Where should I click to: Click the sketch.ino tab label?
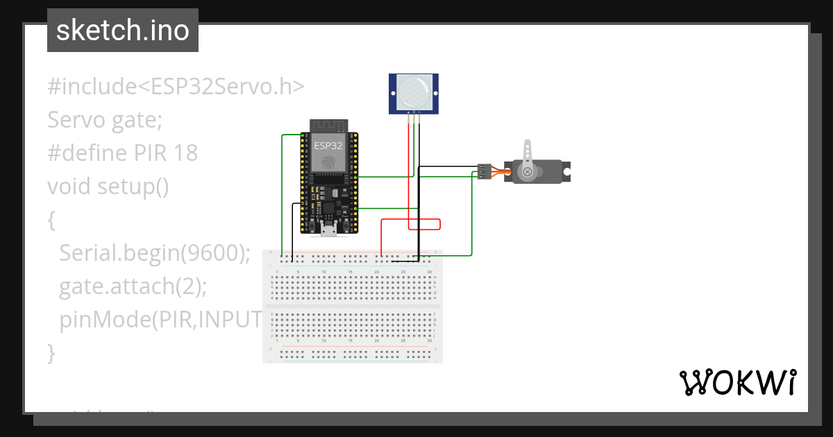(122, 31)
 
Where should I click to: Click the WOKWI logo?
(737, 383)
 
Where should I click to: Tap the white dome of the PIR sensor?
(414, 92)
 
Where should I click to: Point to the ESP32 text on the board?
(328, 146)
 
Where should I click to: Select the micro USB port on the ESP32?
(328, 230)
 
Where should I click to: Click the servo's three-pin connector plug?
(483, 171)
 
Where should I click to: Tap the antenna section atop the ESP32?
(328, 126)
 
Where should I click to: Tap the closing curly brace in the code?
(51, 352)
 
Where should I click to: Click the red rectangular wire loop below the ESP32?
(423, 224)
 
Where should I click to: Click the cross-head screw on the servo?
(528, 171)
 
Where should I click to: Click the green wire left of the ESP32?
(281, 194)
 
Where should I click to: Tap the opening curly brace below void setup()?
(51, 220)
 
